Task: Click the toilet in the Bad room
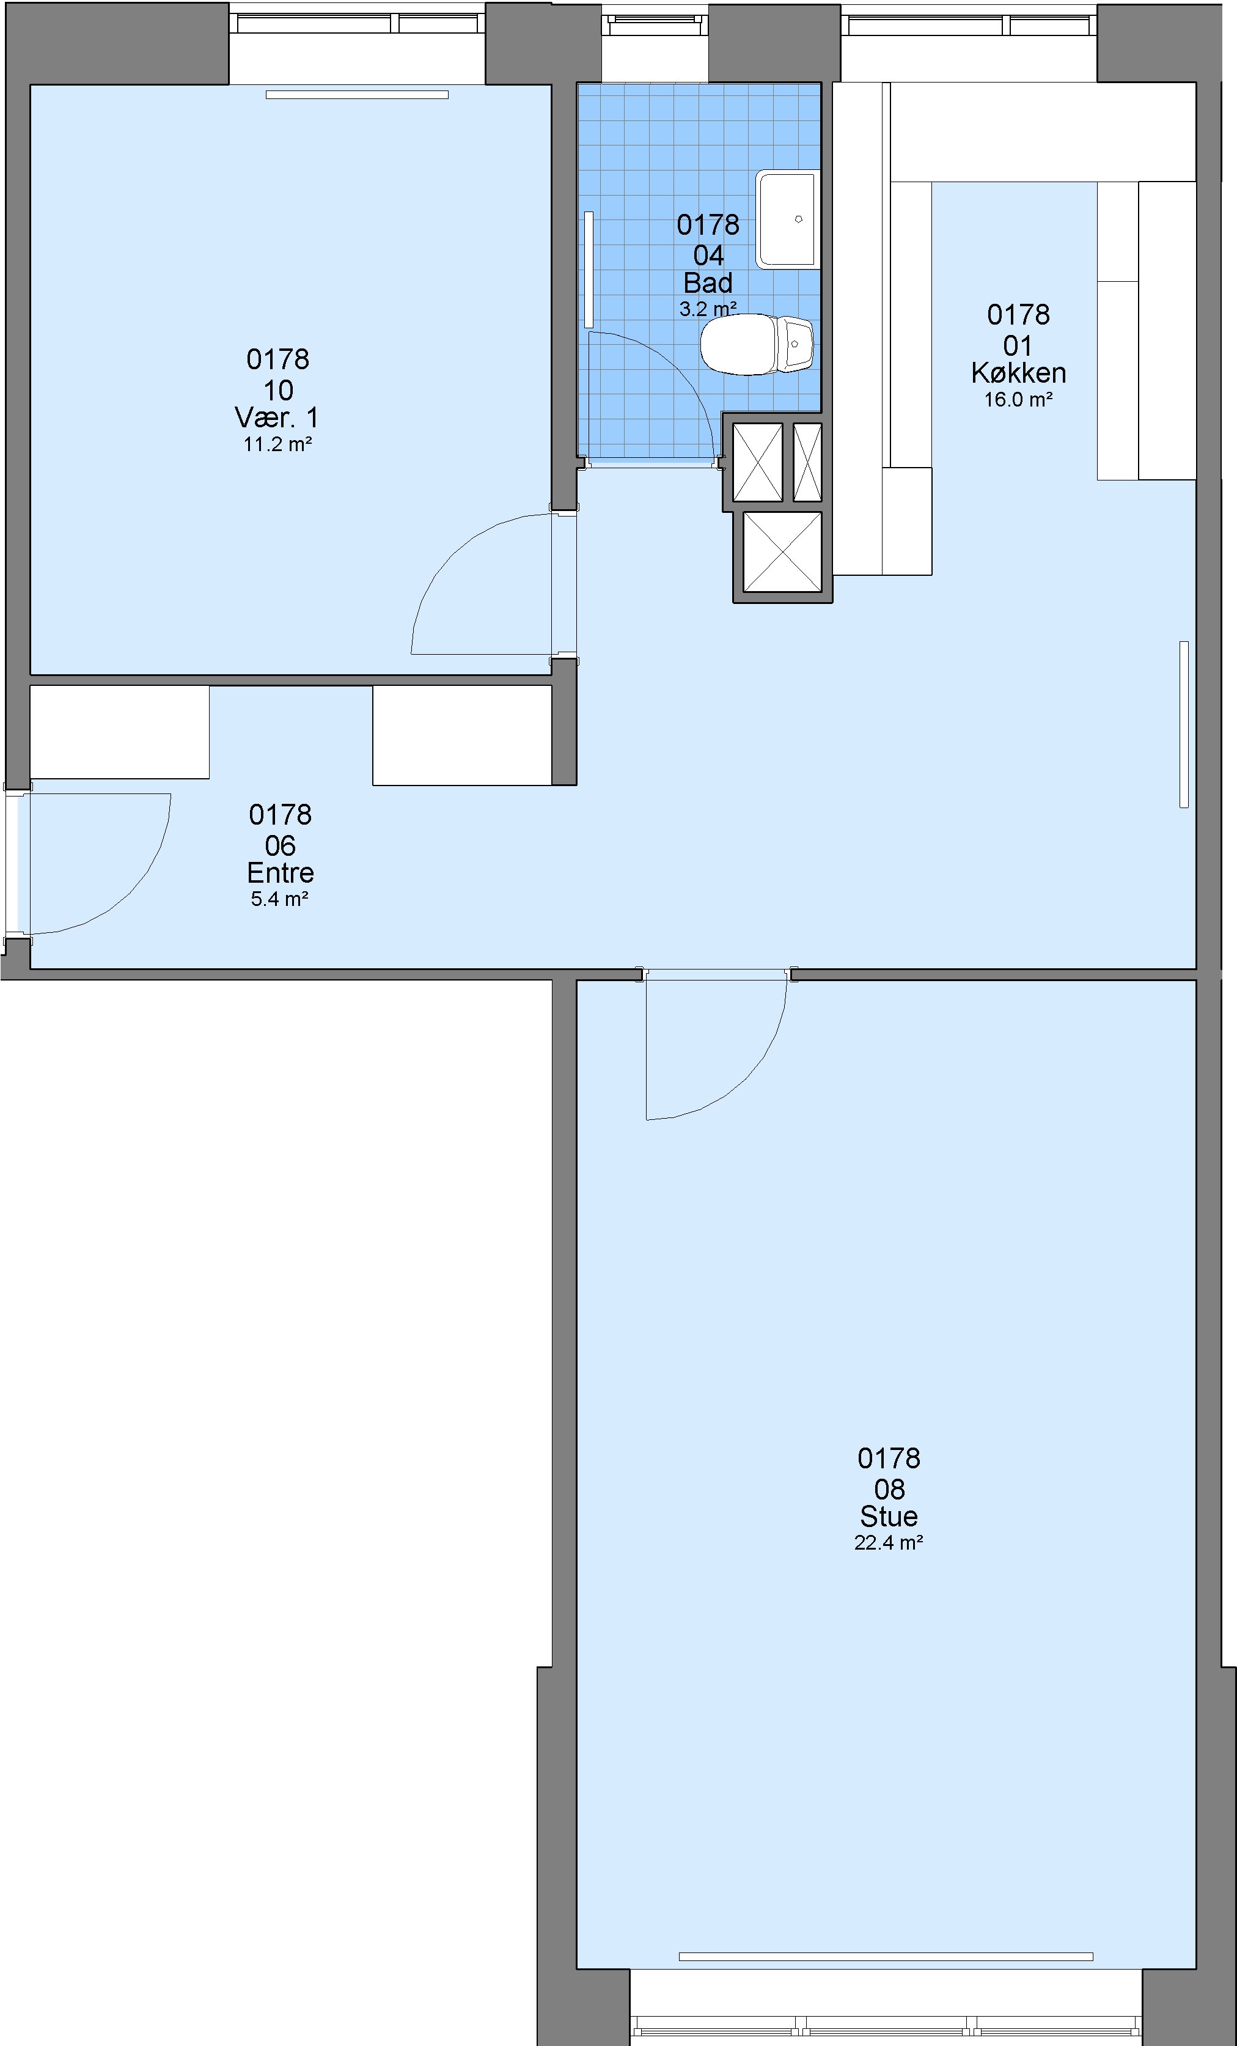pyautogui.click(x=756, y=344)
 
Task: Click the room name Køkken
pyautogui.click(x=1019, y=373)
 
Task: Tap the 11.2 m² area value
pyautogui.click(x=277, y=444)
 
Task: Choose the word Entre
pyautogui.click(x=280, y=873)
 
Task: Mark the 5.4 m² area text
pyautogui.click(x=280, y=899)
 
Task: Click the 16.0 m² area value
pyautogui.click(x=1019, y=399)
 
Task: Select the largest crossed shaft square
pyautogui.click(x=782, y=552)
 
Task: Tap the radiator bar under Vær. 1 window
pyautogui.click(x=357, y=95)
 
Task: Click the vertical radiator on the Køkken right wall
pyautogui.click(x=1184, y=724)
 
